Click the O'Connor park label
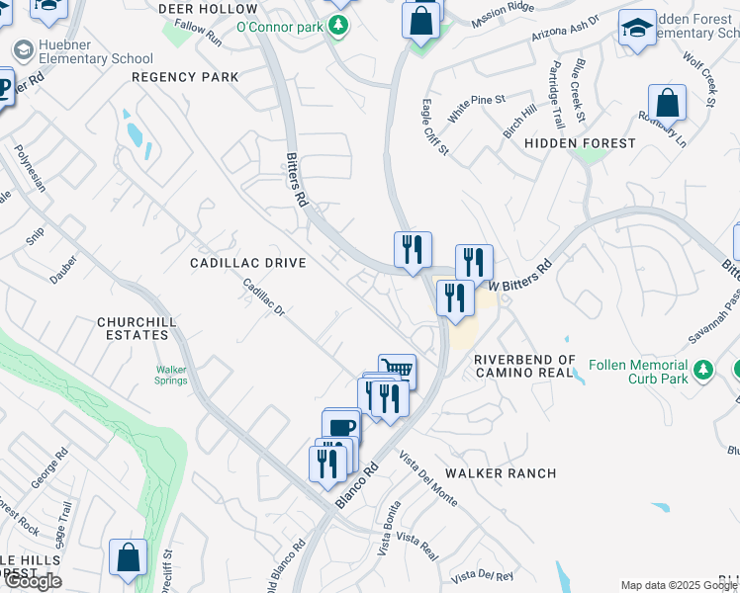click(280, 26)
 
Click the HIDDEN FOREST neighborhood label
click(580, 143)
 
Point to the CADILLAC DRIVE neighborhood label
click(248, 263)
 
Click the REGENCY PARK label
click(185, 76)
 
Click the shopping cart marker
click(397, 369)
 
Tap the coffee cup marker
click(341, 426)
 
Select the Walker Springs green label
click(170, 376)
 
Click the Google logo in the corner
click(33, 581)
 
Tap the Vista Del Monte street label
click(428, 480)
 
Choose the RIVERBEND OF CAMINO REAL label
click(523, 366)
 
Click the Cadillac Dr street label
click(265, 296)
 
